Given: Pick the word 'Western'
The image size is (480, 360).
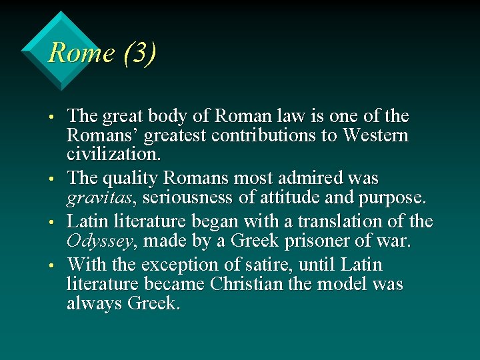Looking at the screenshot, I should tap(375, 136).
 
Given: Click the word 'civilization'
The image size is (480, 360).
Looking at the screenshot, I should tap(113, 155).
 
